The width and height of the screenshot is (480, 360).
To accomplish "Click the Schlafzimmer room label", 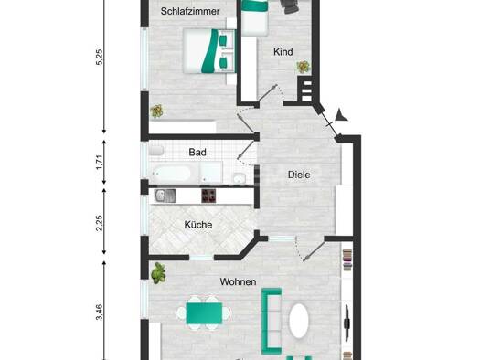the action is (190, 11).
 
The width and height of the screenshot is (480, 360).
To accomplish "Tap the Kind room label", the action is (283, 52).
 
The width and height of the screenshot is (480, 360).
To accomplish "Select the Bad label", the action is (197, 152).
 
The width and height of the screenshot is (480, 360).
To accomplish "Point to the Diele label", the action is (299, 175).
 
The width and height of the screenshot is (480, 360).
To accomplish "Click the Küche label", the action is (198, 225).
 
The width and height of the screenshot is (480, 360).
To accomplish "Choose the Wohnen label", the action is (238, 281).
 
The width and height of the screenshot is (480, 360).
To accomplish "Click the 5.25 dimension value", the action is (100, 57).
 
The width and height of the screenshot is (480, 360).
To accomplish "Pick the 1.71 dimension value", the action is (100, 163).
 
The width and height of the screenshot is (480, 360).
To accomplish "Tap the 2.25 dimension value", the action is (100, 223).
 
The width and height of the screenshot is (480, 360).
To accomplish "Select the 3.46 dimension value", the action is (100, 312).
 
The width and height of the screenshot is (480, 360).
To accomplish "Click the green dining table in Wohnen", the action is (204, 312).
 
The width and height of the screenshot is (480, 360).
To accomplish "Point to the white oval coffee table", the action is (299, 321).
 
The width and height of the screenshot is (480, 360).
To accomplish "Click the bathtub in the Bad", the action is (172, 174).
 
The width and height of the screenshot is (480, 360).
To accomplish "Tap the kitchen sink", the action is (165, 196).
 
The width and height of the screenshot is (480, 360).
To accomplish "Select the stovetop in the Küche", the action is (208, 196).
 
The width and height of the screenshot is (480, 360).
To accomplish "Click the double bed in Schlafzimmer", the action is (209, 51).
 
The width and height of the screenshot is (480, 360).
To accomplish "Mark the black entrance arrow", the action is (341, 115).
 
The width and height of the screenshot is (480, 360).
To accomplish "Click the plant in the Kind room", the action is (304, 67).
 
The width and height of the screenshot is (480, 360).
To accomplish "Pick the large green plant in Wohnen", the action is (158, 273).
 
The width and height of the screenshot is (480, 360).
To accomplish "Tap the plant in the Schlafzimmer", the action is (156, 111).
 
